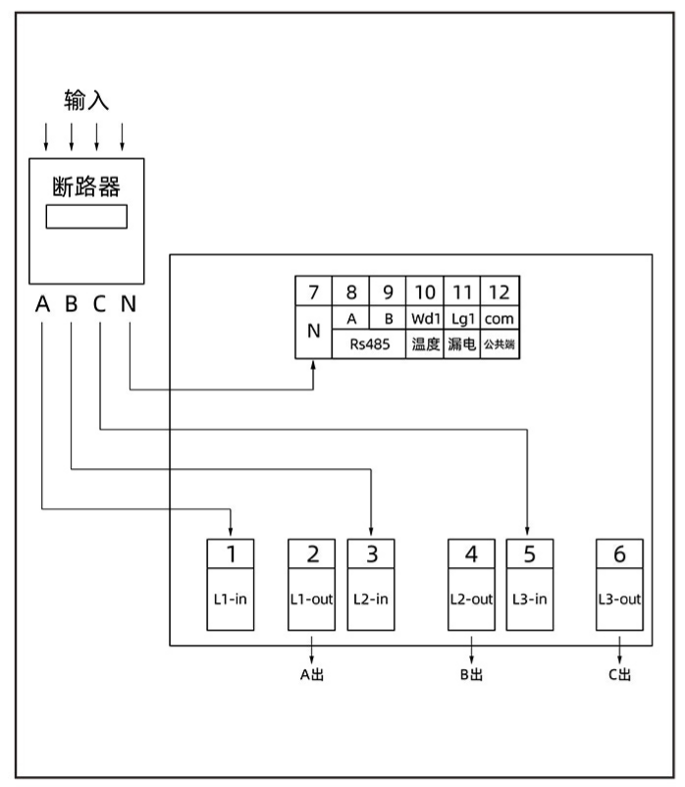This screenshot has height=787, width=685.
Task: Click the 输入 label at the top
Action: [x=86, y=100]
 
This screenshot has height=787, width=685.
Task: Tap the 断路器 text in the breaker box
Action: [x=86, y=184]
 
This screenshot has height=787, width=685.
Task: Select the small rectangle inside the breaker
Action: [x=86, y=216]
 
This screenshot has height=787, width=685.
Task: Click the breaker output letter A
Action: [x=42, y=304]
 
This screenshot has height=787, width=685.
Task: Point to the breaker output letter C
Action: [x=99, y=304]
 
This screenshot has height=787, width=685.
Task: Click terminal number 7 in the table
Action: [x=314, y=292]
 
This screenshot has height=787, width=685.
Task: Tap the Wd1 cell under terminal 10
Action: [x=425, y=319]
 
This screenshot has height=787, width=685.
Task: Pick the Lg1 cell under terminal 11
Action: [x=461, y=319]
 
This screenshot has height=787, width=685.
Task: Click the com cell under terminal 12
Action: [x=500, y=319]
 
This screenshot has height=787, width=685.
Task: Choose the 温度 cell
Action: [x=425, y=344]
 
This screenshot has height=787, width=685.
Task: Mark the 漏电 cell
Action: [x=461, y=344]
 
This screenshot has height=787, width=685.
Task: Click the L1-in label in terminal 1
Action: [x=231, y=598]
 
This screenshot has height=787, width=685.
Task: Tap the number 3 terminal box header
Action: [x=372, y=553]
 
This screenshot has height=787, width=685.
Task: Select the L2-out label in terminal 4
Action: [x=471, y=598]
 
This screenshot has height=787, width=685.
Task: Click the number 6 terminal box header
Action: [x=619, y=553]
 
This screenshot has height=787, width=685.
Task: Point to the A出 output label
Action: [x=312, y=674]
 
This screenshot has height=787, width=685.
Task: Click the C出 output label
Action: [x=619, y=674]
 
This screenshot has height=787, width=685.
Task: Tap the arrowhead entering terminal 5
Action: [x=530, y=533]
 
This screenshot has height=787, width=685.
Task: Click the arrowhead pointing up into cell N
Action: [x=314, y=366]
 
